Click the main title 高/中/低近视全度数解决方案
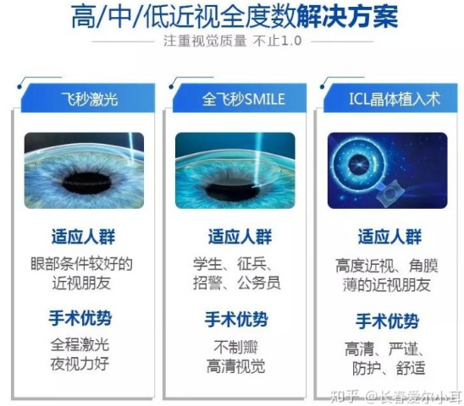pos(235,17)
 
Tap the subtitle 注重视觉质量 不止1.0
pos(232,41)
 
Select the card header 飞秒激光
pos(90,99)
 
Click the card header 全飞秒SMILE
pos(244,99)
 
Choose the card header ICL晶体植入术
pos(395,99)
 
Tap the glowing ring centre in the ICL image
pos(359,164)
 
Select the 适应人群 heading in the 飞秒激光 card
pos(84,237)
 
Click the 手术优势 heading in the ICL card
pos(387,321)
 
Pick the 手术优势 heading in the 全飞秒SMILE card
pos(236,319)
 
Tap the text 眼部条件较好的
pos(81,263)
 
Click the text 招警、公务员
pos(237,283)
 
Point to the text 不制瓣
pos(236,347)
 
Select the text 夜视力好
pos(80,364)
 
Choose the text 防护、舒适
pos(389,368)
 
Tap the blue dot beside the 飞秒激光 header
pos(19,86)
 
